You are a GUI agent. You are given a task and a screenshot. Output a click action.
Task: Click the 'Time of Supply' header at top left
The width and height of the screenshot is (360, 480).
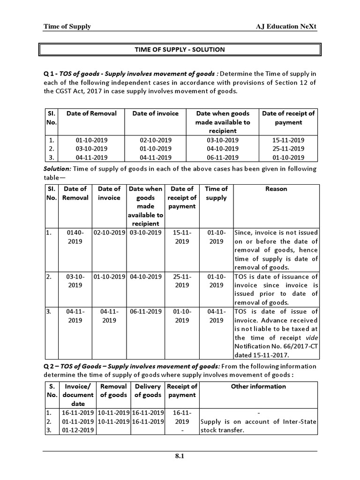pos(67,27)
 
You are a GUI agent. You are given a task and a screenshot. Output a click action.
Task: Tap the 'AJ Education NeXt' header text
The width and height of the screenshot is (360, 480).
pos(284,27)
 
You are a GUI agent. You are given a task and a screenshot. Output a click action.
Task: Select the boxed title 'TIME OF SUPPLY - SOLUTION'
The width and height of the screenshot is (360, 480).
pos(180,49)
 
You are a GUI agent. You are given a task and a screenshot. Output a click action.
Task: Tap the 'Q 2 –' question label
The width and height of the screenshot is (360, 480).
pos(51,366)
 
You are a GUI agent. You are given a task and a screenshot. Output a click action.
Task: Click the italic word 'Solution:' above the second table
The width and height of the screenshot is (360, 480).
pos(58,169)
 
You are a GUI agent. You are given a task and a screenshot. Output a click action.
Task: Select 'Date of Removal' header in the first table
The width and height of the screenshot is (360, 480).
pos(91,113)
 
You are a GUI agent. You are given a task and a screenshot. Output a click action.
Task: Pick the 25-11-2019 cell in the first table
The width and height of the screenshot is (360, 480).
pos(288,149)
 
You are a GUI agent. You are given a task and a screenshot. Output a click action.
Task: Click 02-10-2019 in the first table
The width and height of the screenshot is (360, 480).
pos(156,140)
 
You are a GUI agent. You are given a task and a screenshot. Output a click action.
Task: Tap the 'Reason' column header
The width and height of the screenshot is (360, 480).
pos(276,189)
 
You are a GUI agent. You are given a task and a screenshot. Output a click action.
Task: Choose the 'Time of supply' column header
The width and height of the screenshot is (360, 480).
pos(216,193)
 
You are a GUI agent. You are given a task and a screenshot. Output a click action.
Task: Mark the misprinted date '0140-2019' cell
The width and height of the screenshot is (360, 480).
pos(75,237)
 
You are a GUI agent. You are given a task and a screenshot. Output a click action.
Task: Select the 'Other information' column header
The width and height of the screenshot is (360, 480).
pos(258,387)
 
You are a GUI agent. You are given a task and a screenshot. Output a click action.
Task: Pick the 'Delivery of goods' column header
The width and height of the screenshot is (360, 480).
pos(148,391)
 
